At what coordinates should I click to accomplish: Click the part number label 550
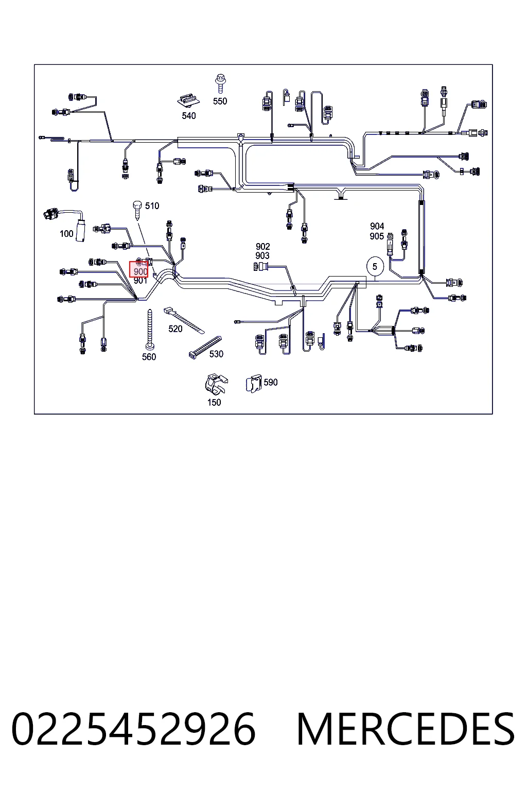click(x=220, y=101)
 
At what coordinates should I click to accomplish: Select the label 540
click(x=188, y=116)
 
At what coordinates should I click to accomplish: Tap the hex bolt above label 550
click(x=221, y=84)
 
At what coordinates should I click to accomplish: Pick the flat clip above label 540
click(x=189, y=100)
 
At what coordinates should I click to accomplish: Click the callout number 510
click(x=152, y=206)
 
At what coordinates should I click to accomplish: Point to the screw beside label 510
click(x=137, y=211)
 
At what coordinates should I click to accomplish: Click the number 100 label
click(x=66, y=234)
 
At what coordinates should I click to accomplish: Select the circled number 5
click(x=375, y=267)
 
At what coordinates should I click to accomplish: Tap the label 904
click(x=377, y=227)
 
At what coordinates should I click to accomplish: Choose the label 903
click(x=262, y=255)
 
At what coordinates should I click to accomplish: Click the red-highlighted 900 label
click(x=140, y=271)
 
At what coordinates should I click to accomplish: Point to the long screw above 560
click(x=150, y=329)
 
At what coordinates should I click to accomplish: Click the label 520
click(x=175, y=329)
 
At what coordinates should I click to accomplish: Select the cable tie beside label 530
click(x=205, y=348)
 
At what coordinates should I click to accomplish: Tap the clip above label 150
click(x=216, y=385)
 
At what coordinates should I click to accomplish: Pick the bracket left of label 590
click(x=254, y=384)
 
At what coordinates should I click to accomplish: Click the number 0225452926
click(x=133, y=729)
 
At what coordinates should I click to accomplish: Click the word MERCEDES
click(x=406, y=729)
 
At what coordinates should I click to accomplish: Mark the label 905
click(x=377, y=236)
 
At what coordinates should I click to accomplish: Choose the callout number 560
click(x=149, y=357)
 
